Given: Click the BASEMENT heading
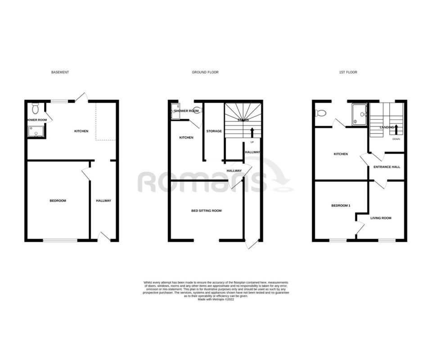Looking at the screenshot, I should coord(60,72).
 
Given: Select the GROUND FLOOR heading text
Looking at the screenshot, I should coord(205,72).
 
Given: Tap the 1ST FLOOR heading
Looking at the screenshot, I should coord(348,72).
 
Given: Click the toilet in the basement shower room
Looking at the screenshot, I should coord(36,108).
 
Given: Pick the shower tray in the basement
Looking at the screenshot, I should coord(36,131).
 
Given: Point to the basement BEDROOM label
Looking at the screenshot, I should coord(58,201).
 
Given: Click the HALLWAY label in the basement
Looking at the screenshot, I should coord(103,201).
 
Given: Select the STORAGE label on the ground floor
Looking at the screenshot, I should coord(214,131).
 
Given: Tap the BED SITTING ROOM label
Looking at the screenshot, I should coord(207,211).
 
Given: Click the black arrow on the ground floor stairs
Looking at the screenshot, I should coord(252,132).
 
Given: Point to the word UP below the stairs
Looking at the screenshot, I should coord(252,142).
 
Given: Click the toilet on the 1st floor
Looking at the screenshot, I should coord(320,112).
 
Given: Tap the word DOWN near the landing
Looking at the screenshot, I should coord(396,139).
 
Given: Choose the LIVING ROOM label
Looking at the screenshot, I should coord(381,218).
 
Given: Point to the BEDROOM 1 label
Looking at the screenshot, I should coord(341,206).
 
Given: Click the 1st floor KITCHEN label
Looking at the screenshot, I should coord(341,154).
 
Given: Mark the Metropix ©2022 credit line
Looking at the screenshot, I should coord(216,299).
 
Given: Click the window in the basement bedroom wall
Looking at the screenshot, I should coord(60,240).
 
